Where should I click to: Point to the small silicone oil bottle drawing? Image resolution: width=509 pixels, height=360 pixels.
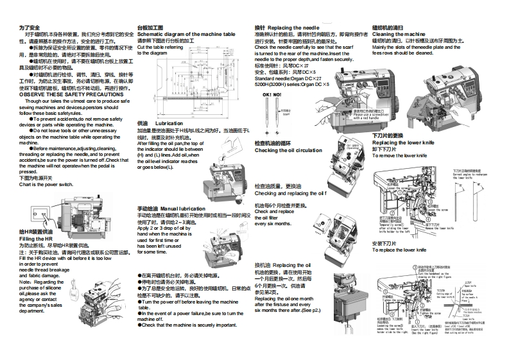76,296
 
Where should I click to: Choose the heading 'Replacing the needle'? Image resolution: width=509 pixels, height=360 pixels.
293,28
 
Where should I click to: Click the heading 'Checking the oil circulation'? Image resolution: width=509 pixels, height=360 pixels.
288,151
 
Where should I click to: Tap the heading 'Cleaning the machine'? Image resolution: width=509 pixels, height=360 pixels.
399,34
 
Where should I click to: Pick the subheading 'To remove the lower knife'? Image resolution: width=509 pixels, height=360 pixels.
399,155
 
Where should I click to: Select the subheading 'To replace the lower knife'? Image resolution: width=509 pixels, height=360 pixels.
399,250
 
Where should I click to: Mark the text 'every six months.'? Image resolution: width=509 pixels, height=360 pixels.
273,224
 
